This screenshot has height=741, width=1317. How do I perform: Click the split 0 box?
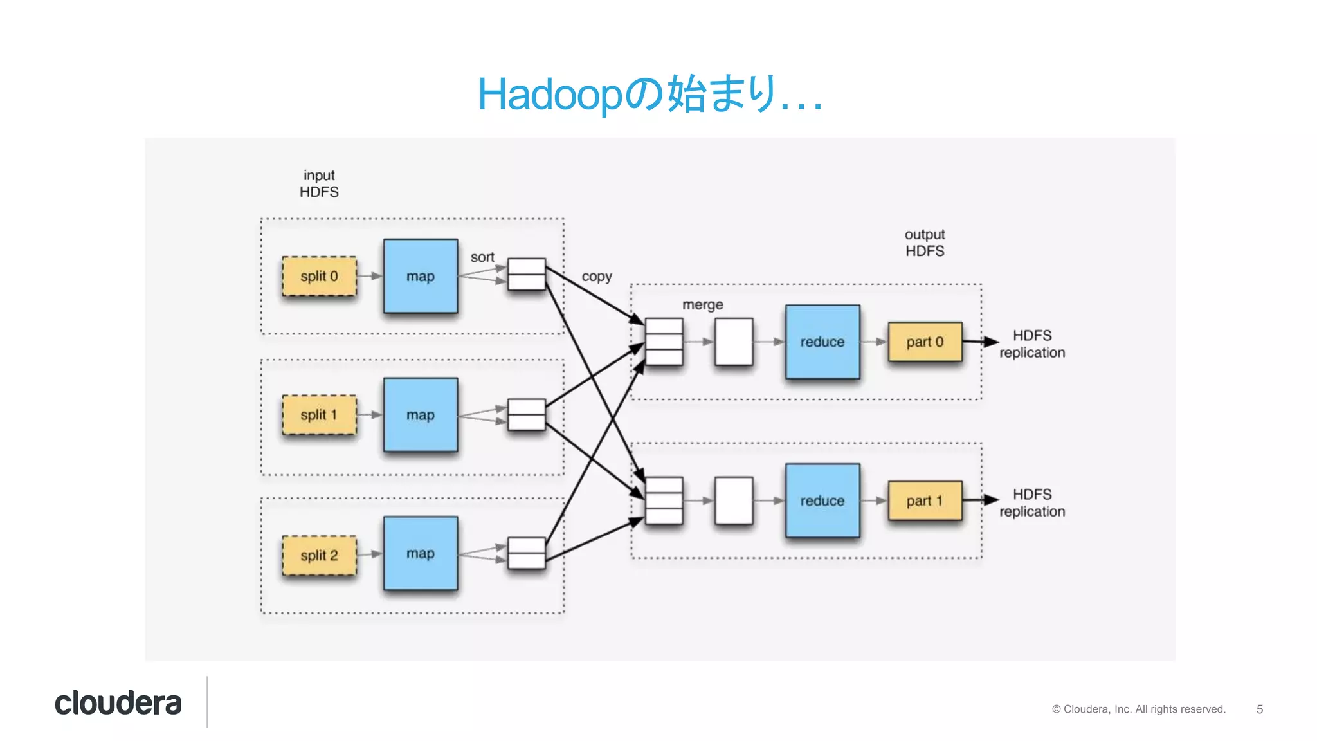319,277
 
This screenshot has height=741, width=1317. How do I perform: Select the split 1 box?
319,415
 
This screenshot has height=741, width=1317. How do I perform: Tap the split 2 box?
319,555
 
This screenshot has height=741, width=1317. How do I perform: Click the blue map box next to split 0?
421,277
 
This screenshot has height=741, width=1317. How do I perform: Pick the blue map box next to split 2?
421,553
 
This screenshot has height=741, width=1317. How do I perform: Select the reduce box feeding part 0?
822,342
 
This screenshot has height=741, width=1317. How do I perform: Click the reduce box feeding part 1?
822,500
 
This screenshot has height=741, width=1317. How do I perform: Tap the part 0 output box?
925,342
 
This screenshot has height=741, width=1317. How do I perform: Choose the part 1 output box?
925,500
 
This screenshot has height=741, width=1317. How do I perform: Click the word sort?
482,257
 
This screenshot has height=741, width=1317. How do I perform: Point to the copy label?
597,277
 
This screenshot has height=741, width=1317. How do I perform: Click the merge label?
702,304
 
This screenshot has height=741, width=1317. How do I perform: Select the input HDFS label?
319,183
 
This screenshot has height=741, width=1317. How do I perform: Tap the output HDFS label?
925,242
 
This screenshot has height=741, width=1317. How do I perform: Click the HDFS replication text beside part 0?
1031,344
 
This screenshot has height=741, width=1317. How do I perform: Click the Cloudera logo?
118,703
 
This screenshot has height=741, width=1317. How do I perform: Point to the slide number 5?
1259,709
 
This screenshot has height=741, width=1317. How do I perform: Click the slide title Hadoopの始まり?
649,95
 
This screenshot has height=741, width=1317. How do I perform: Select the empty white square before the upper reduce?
734,342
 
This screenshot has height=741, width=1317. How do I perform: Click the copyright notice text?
1138,709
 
